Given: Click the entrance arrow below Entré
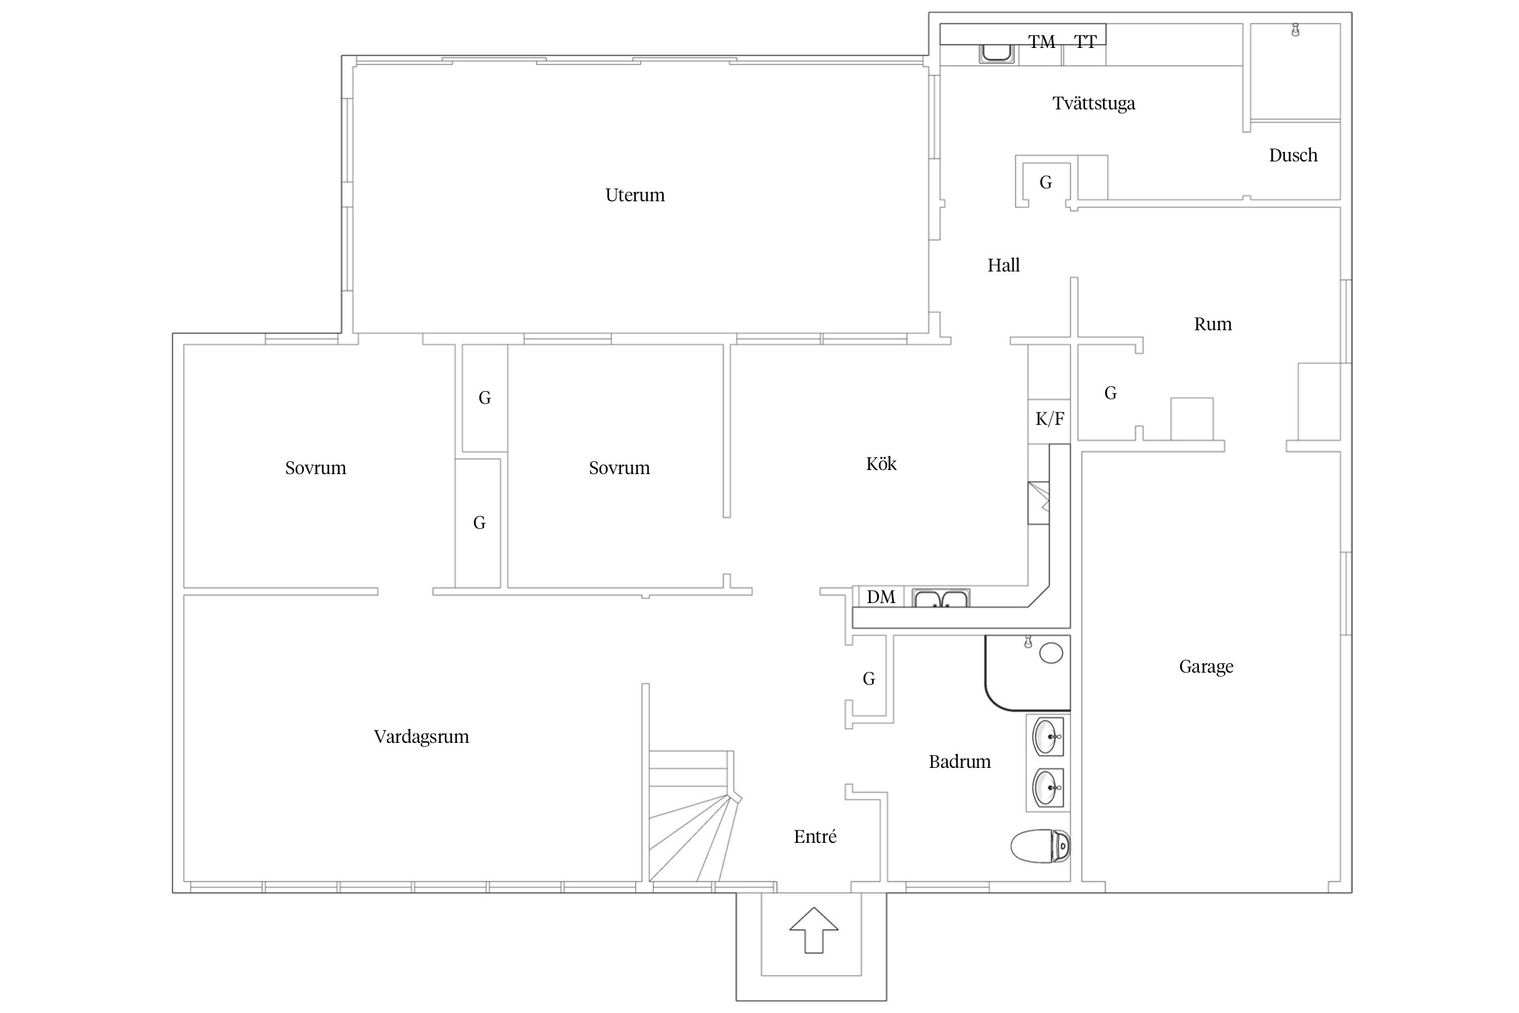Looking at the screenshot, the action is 814,930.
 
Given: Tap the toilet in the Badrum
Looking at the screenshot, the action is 1040,846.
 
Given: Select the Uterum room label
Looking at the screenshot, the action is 635,195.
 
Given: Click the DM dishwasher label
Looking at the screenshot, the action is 881,597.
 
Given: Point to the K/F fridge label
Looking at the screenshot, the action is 1050,419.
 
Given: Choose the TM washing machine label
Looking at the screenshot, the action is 1042,42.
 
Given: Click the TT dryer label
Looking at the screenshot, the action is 1086,42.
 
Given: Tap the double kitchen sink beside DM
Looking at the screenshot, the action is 941,598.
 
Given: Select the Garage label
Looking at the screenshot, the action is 1206,667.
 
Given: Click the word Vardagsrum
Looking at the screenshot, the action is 421,737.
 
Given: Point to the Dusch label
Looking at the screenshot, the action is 1293,155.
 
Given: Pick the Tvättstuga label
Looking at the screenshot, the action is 1094,103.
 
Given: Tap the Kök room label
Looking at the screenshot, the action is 881,464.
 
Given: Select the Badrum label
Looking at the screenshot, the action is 959,762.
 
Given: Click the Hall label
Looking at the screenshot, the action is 1003,265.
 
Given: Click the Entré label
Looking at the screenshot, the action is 815,837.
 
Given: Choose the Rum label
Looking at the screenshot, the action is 1212,324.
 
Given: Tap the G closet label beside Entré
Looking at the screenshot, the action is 869,679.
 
